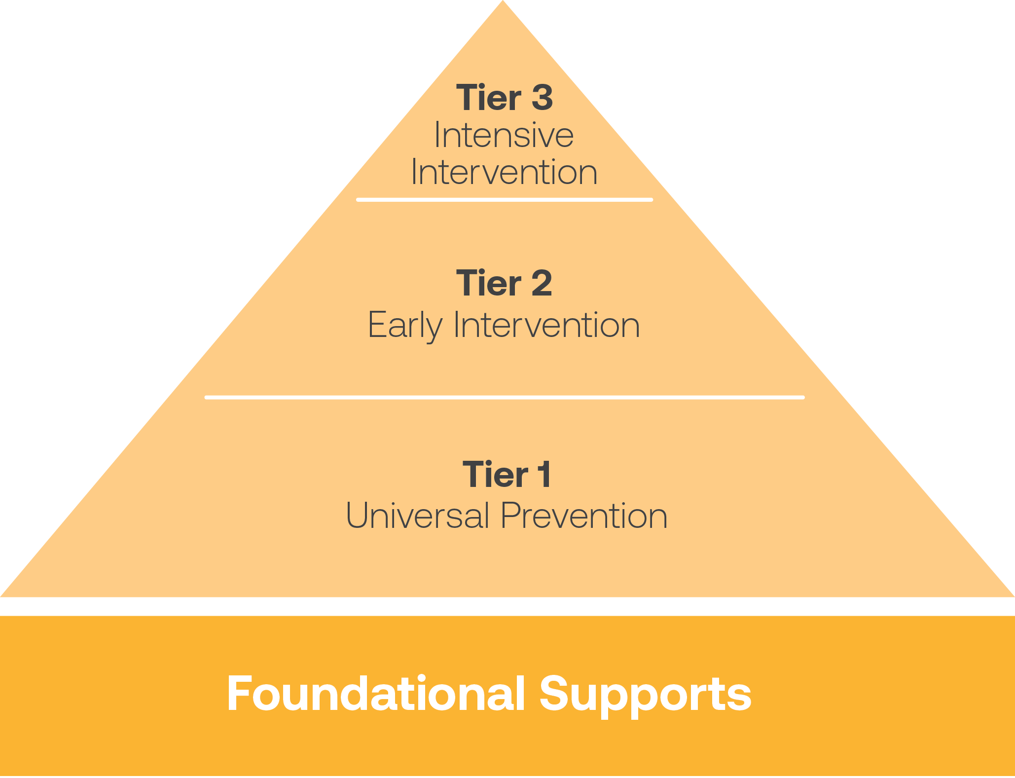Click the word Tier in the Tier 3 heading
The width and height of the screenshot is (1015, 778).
[x=488, y=98]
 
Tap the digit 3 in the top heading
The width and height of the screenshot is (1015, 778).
[x=542, y=98]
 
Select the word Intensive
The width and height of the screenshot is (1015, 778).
[x=504, y=135]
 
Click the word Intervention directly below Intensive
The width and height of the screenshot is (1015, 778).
[x=504, y=172]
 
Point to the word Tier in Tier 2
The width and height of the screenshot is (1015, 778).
[x=488, y=283]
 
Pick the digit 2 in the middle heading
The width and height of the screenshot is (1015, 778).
[x=542, y=283]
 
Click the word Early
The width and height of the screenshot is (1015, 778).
[x=404, y=326]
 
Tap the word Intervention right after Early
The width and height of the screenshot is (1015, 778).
[x=546, y=326]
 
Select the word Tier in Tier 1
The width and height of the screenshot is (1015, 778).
[x=495, y=475]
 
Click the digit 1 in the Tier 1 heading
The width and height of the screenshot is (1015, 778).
[x=544, y=475]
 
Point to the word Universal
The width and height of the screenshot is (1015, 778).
[x=417, y=516]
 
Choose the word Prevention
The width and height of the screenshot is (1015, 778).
[x=584, y=516]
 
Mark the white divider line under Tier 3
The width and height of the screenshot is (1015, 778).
[x=505, y=200]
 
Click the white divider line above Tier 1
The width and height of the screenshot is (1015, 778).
[x=505, y=397]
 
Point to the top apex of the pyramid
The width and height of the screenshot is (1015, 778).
[x=503, y=3]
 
